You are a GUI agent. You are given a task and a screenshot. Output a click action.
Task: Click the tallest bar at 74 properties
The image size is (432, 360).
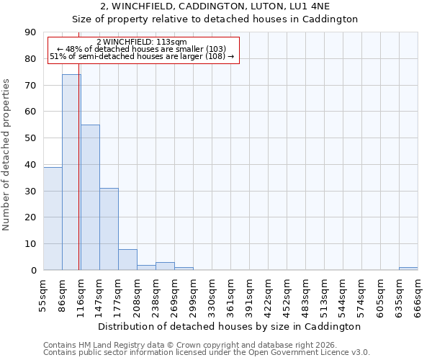[71, 172]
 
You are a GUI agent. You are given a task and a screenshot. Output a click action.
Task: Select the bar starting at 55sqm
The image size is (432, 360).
[53, 218]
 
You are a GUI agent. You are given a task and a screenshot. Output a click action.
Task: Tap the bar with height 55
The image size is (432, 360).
[90, 197]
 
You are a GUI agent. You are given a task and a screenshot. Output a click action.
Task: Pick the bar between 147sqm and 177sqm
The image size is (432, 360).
[109, 229]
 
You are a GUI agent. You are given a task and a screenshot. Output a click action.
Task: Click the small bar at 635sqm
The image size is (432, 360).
[408, 269]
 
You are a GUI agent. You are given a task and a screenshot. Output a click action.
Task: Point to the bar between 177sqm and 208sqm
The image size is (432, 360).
[127, 260]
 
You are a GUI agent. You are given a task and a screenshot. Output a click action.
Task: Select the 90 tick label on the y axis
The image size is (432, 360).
[30, 32]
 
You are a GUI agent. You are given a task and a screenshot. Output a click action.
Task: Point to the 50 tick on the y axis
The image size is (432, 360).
[30, 138]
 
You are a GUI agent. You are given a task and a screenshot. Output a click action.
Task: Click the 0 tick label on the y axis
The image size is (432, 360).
[33, 271]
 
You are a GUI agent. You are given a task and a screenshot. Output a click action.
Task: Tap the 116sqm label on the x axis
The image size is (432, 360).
[81, 296]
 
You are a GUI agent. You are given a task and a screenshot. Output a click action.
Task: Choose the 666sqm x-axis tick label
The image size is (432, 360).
[418, 296]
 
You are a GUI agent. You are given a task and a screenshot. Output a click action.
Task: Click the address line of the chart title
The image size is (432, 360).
[215, 6]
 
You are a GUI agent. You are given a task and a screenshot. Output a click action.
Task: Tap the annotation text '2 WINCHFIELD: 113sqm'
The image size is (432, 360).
[141, 42]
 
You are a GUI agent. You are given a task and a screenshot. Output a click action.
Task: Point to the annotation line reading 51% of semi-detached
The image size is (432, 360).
[142, 56]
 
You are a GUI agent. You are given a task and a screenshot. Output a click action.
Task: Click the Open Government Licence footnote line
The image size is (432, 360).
[207, 353]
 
